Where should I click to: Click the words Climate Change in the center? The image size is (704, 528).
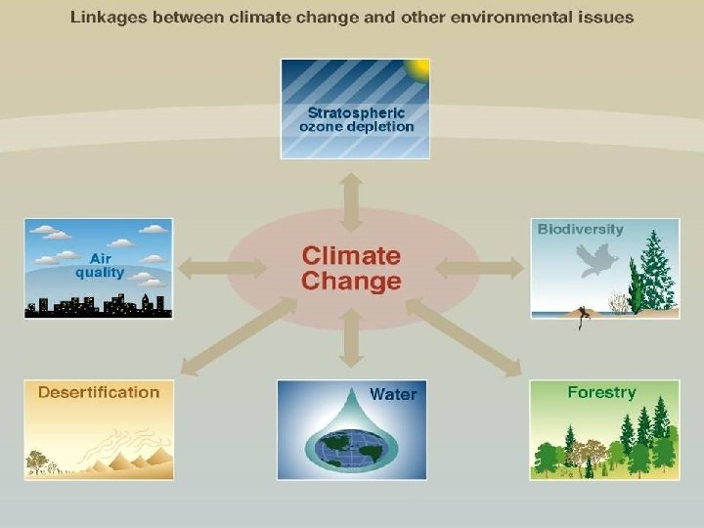coord(351,268)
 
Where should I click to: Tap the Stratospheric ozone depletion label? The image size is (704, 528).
coord(355,119)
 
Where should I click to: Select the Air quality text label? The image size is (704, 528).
coord(100,265)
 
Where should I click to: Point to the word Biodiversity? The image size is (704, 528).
coord(580,229)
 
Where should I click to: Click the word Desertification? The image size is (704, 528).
coord(98,392)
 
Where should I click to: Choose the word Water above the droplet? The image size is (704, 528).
coord(392,394)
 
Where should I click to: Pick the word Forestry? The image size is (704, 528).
coord(601,392)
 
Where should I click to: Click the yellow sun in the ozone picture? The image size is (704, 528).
coord(419,68)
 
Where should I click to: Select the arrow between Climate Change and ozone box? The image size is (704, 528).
coord(352,201)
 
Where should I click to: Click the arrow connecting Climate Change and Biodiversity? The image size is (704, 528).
coord(479,266)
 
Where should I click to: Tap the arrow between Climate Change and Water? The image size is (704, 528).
coord(352,348)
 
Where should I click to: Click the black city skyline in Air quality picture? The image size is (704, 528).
coord(98,305)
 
